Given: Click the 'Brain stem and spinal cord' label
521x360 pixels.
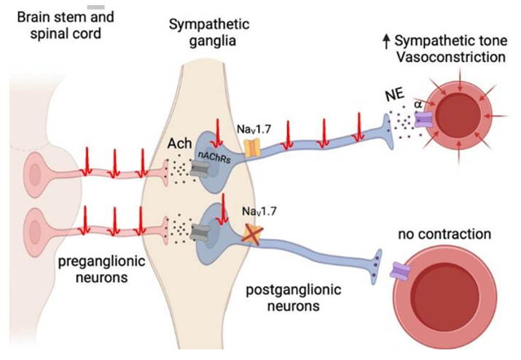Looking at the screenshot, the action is [x=66, y=26].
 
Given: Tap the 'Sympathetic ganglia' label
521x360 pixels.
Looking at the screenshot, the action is [x=209, y=33].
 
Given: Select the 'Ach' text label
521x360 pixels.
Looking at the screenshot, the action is [x=179, y=144].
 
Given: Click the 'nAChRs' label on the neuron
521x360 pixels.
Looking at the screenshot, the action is [x=214, y=157].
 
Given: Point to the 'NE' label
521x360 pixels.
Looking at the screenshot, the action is [x=395, y=95].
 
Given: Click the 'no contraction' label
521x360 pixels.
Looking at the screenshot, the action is [x=444, y=234].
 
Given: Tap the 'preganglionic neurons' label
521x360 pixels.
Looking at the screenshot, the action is [x=102, y=269].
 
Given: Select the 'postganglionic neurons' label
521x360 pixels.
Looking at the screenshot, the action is [x=294, y=297].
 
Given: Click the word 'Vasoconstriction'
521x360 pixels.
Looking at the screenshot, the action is [x=451, y=57].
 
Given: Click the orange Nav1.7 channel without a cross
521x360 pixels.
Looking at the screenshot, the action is [x=252, y=148].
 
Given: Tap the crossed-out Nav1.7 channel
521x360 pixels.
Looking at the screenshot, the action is [x=252, y=235].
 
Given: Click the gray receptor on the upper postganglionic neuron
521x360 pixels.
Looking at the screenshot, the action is [x=199, y=169].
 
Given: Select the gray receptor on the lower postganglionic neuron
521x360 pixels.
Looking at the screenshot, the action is [x=199, y=232].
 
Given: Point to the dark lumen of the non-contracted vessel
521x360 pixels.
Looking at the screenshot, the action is [x=446, y=297].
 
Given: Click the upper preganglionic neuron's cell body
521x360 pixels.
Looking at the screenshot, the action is [x=34, y=173].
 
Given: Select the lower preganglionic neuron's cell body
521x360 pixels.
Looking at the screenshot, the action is [x=34, y=230].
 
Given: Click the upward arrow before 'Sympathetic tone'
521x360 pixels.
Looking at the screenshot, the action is [x=386, y=42].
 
